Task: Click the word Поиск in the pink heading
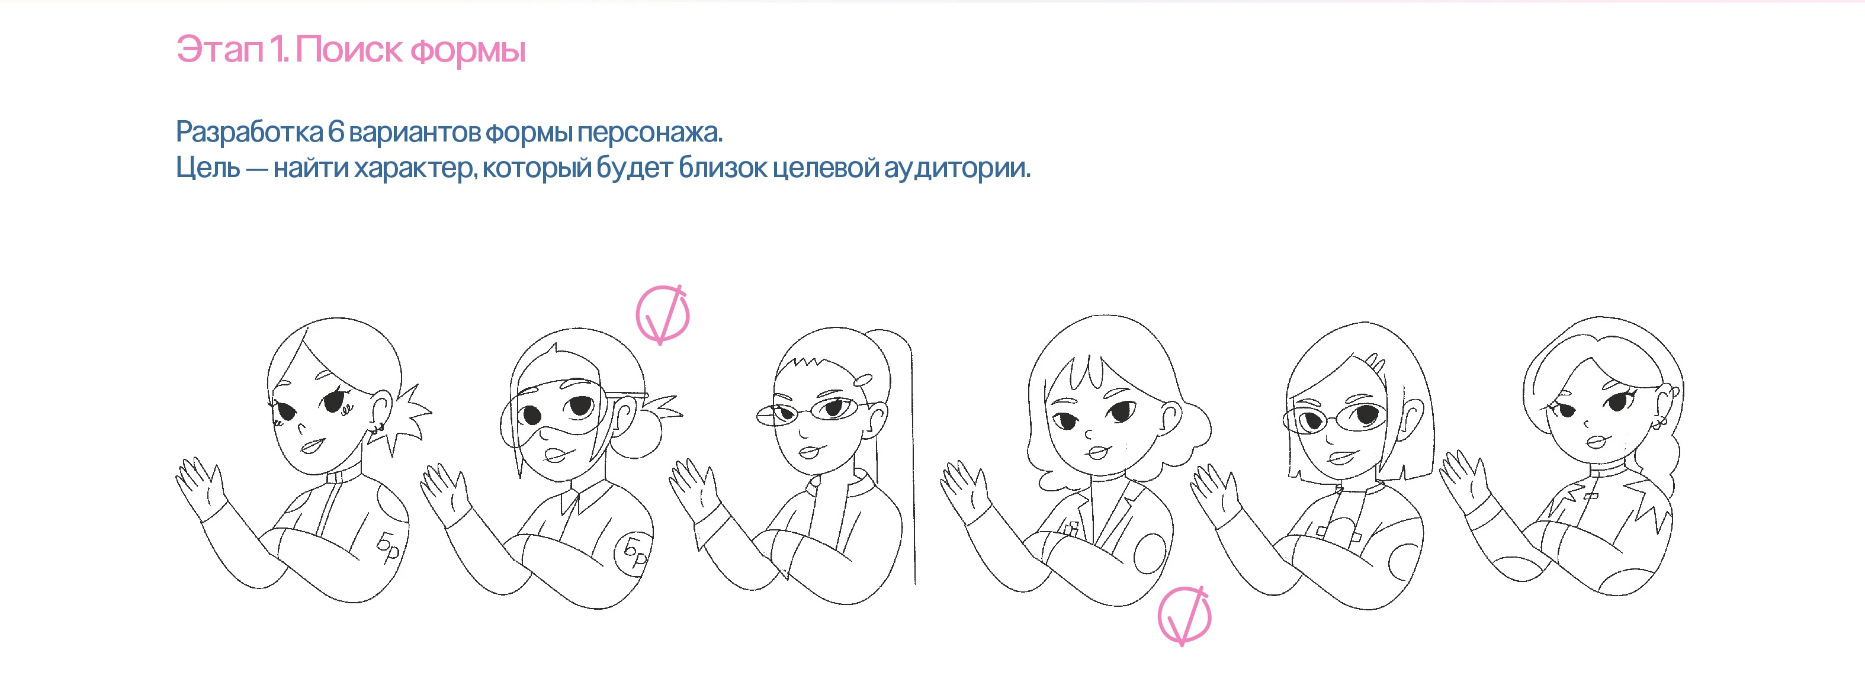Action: [x=348, y=50]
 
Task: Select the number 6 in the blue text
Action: [x=336, y=132]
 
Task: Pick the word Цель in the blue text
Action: [x=208, y=168]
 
